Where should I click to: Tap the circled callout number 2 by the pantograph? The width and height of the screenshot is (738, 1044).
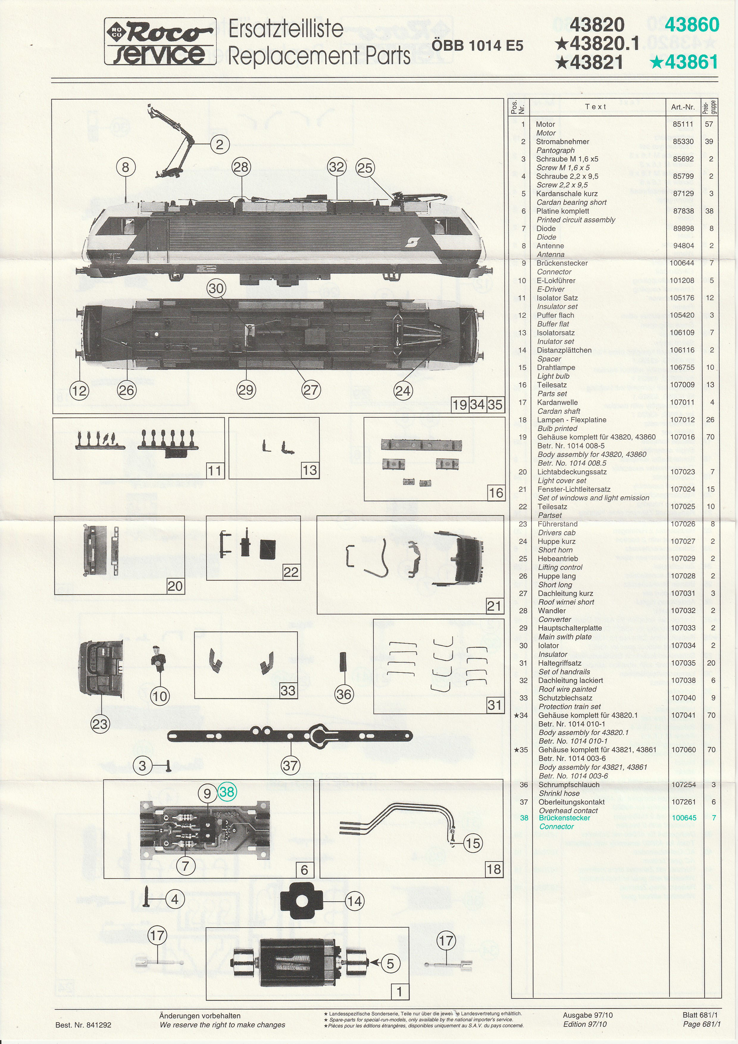[x=220, y=145]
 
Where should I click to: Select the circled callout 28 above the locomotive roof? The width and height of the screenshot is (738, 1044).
[x=241, y=167]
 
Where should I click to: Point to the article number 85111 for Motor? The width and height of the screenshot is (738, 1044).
[x=683, y=124]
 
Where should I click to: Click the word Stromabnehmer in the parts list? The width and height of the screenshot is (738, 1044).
[x=562, y=141]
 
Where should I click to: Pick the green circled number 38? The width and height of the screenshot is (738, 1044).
[x=226, y=792]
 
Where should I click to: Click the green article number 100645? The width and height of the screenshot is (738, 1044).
[x=684, y=817]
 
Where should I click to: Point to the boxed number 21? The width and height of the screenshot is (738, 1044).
[x=494, y=606]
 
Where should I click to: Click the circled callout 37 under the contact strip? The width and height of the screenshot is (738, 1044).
[x=290, y=765]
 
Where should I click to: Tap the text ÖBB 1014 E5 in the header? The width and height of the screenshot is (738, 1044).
[x=477, y=46]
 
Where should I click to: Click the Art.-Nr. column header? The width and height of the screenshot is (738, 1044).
[x=683, y=107]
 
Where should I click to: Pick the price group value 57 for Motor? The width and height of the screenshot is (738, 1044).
[x=709, y=124]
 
